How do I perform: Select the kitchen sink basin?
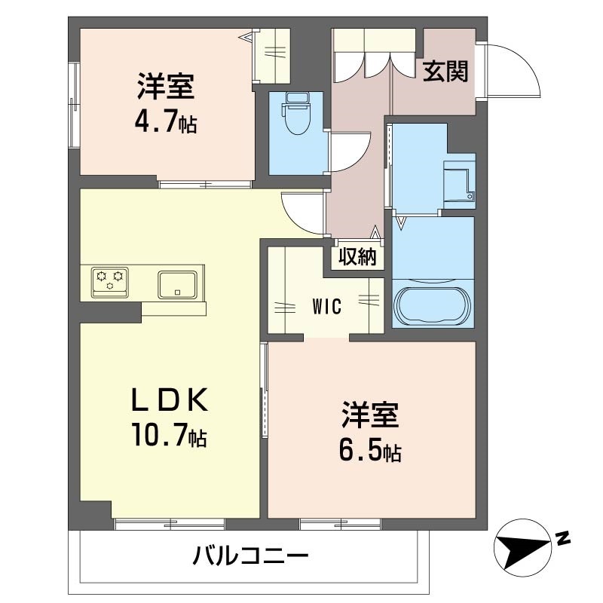pos(177,285)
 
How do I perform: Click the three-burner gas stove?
pos(110,282)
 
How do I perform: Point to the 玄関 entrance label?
pos(445,72)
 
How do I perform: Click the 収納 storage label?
pos(357,256)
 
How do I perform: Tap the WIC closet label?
pos(327,307)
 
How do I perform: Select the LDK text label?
pos(170,400)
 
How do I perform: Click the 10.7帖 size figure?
pos(170,435)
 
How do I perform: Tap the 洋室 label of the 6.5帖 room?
pos(370,415)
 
